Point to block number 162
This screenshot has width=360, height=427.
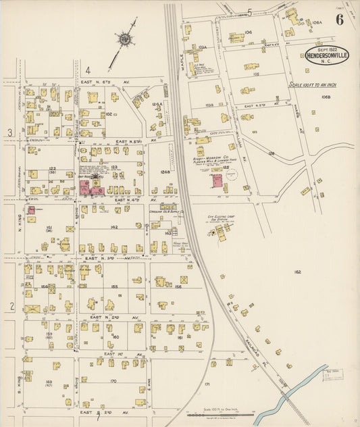(x=297, y=272)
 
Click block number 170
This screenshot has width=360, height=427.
(x=113, y=381)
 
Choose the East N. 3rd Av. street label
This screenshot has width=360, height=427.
(x=101, y=258)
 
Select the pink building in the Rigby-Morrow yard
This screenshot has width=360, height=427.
(x=216, y=180)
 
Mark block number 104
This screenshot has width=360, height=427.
(x=248, y=32)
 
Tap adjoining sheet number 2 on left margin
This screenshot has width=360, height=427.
(x=11, y=306)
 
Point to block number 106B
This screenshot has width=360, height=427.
(x=325, y=97)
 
